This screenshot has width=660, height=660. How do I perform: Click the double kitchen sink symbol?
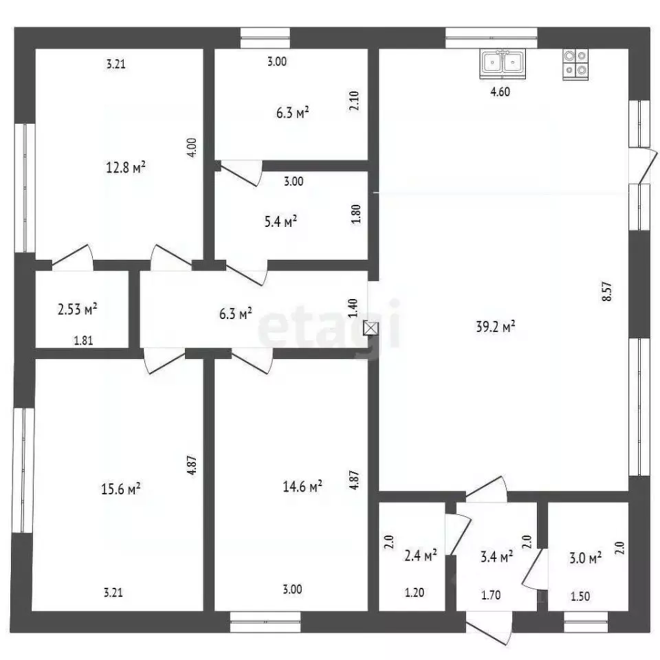[x=503, y=63]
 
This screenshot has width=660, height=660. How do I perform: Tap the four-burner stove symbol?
[x=575, y=65]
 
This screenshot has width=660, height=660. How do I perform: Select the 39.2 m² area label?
[x=496, y=327]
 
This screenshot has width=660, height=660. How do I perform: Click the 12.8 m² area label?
[x=126, y=168]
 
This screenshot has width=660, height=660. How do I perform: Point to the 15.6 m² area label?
[x=121, y=489]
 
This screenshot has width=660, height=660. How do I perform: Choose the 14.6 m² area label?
[x=302, y=487]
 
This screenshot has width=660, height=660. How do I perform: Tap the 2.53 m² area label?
[x=78, y=310]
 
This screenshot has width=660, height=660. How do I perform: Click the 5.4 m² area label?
[x=280, y=221]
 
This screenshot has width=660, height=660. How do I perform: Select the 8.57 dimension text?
[x=607, y=291]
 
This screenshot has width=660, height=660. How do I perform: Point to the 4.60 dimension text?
[x=500, y=91]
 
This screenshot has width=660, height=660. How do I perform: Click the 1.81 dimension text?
[x=83, y=340]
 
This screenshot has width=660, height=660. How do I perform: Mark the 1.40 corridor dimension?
[x=353, y=308]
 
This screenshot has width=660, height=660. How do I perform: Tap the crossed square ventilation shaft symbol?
[x=371, y=329]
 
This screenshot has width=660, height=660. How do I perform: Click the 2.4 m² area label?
[x=421, y=555]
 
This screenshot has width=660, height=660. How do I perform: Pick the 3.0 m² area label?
[x=585, y=558]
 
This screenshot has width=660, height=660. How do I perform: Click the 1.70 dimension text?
[x=491, y=595]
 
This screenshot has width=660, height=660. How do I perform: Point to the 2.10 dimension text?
[x=354, y=101]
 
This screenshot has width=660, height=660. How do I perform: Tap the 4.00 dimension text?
[x=192, y=148]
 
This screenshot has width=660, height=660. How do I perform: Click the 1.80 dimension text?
[x=355, y=214]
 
